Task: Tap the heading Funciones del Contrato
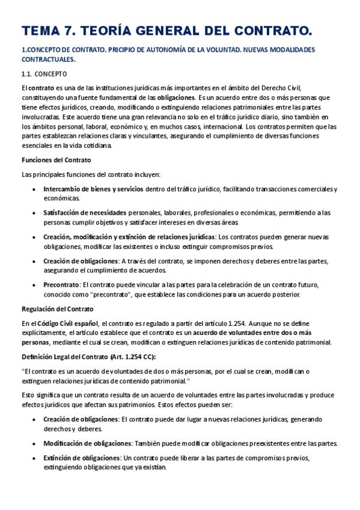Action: pyautogui.click(x=56, y=160)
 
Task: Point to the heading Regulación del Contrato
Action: pyautogui.click(x=58, y=309)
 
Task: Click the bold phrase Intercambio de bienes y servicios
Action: pyautogui.click(x=93, y=189)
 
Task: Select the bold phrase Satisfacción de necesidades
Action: pyautogui.click(x=85, y=213)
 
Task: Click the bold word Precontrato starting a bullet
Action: pyautogui.click(x=61, y=284)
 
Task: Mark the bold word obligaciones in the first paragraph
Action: pyautogui.click(x=176, y=97)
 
